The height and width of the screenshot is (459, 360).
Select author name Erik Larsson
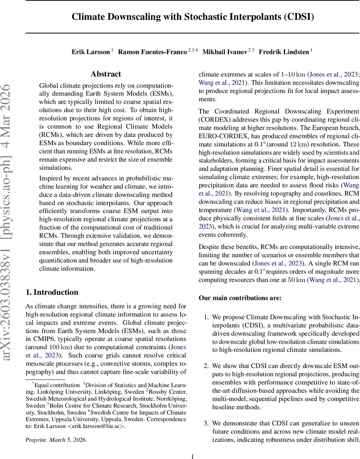click(x=91, y=52)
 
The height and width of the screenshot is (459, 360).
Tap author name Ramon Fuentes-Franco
click(x=152, y=52)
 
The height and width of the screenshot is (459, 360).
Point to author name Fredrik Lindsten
click(x=283, y=52)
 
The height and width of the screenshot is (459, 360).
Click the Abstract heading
click(x=106, y=74)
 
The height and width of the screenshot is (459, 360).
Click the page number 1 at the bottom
click(x=192, y=456)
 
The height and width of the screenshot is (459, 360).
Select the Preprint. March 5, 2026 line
click(x=56, y=440)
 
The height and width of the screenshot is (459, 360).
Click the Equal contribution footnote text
click(x=56, y=385)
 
